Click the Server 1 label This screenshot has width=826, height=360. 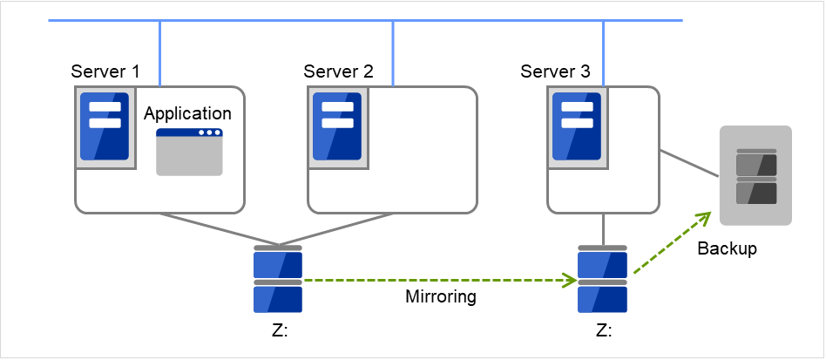[105, 71]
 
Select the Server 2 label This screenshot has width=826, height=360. [338, 71]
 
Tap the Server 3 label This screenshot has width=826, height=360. [554, 71]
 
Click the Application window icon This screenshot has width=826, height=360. [189, 153]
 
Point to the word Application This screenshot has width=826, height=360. [187, 114]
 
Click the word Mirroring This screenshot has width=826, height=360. [441, 297]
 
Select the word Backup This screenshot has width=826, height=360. [728, 249]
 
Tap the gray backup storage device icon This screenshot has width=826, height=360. [755, 176]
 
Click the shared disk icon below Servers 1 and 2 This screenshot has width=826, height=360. [278, 280]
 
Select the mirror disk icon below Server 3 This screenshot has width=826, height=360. [602, 280]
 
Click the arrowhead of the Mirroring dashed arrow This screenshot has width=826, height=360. [570, 281]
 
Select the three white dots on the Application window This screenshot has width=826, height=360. [209, 133]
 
